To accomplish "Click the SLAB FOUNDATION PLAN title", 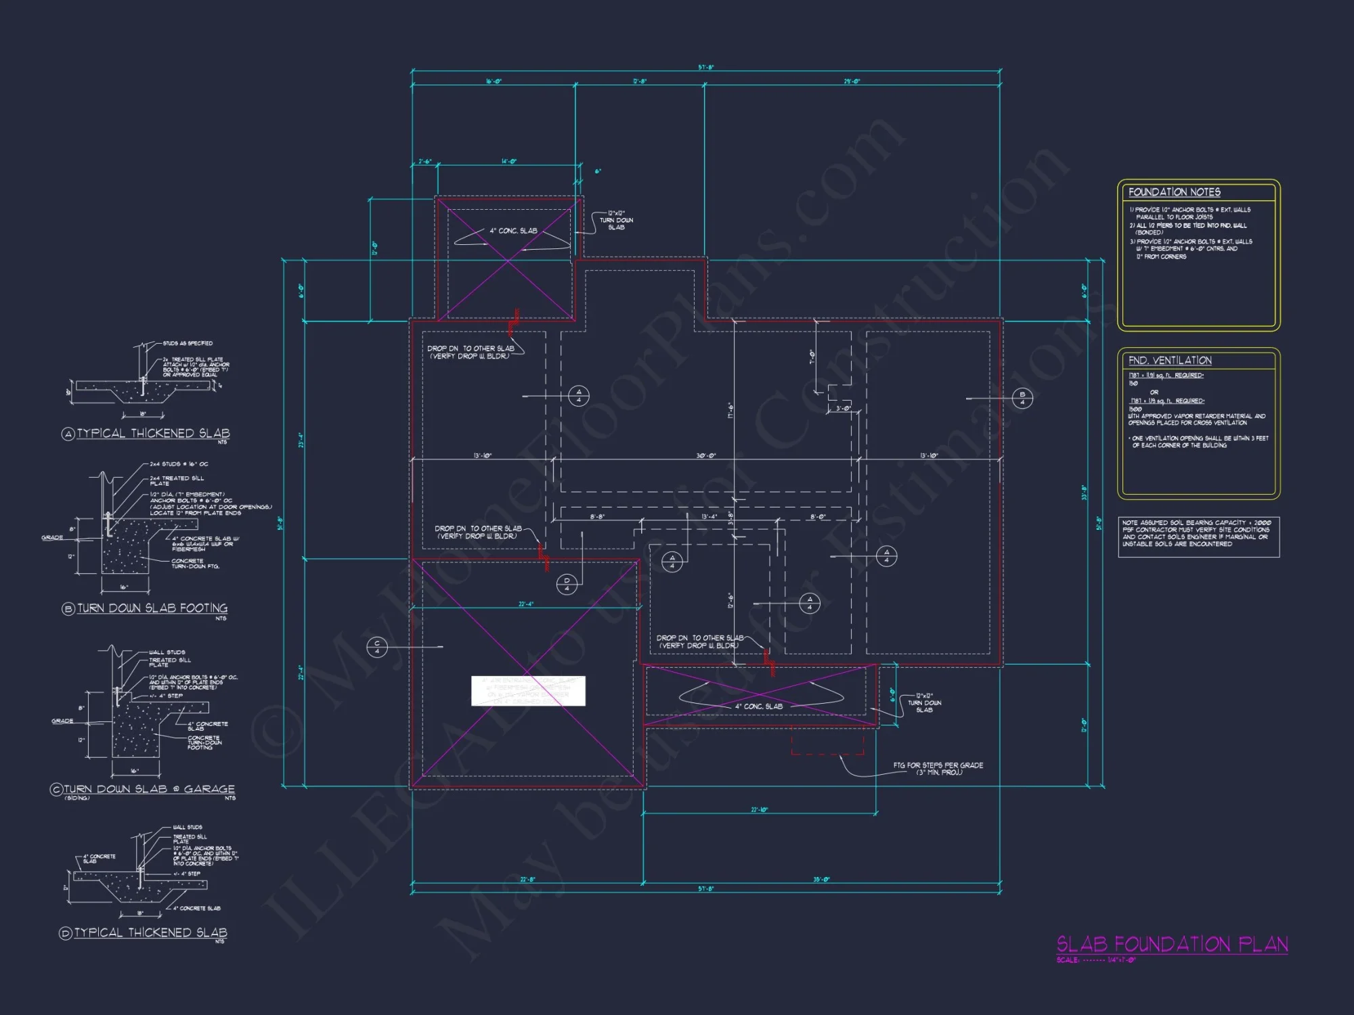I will click(1172, 944).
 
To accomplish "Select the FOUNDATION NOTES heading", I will click(1174, 192).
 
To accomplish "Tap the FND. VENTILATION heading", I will click(1170, 361).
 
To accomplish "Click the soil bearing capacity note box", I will click(1198, 537).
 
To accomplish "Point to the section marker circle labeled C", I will click(377, 647).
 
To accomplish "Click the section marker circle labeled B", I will click(1022, 398).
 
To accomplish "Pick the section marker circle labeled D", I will click(567, 584).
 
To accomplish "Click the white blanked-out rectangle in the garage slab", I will click(528, 691).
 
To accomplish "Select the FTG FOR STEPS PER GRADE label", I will click(938, 769).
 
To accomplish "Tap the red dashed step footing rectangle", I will click(827, 741).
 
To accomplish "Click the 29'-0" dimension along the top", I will click(852, 81).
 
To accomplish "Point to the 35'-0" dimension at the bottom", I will click(821, 880).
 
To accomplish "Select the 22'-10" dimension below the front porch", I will click(759, 809).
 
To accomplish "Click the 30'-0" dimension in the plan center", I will click(706, 455).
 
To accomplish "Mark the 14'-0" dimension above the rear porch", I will click(508, 162).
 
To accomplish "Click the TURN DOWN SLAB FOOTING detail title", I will click(152, 608).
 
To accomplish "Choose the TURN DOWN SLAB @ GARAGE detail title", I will click(149, 789).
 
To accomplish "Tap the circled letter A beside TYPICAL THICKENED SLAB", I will click(68, 434).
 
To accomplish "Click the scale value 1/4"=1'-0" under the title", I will click(1122, 960).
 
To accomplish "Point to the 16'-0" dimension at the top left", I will click(494, 81).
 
